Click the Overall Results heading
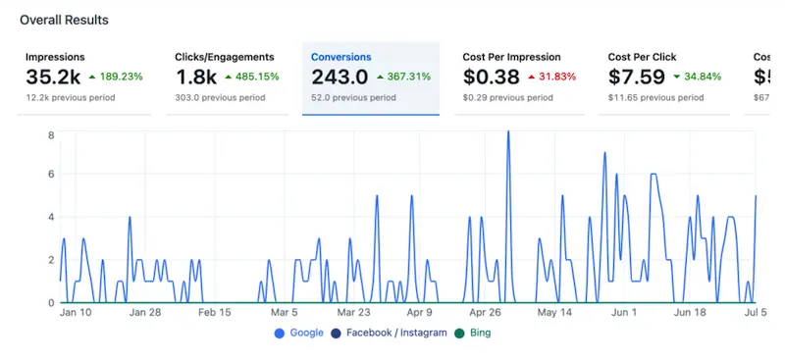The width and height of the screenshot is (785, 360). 64,20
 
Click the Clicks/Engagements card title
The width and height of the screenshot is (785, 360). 224,57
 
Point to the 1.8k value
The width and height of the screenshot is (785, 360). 195,77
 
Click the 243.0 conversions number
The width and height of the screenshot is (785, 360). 340,77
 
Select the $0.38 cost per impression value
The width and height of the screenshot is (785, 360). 491,77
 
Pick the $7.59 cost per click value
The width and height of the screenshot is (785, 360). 636,77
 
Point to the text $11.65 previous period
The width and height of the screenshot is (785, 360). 655,98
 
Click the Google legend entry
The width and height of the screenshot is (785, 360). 299,333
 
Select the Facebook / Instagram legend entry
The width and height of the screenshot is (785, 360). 392,333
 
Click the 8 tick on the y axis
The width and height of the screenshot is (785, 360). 50,134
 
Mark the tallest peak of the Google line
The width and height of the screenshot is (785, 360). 508,132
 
